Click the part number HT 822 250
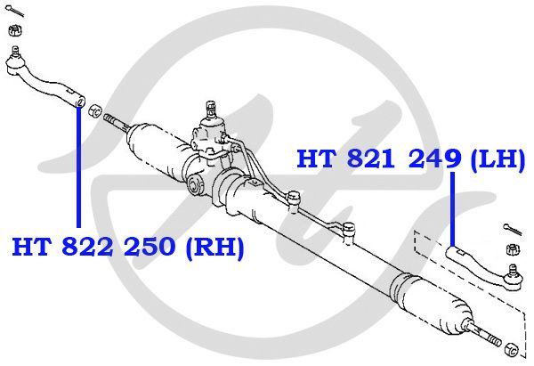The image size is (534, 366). (93, 246)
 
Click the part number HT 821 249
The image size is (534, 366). (379, 159)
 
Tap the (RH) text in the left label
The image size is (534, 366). (215, 247)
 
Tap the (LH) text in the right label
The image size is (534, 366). (498, 159)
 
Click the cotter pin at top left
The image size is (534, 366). (14, 12)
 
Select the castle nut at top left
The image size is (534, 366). (15, 30)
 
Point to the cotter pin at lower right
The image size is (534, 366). (513, 229)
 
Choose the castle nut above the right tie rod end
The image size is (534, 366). (514, 249)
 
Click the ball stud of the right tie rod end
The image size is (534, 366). (513, 270)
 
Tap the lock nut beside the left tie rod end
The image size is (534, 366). (95, 111)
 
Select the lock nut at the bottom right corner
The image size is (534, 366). (510, 350)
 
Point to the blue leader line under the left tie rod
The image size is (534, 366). (78, 167)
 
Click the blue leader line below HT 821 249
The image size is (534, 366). (453, 209)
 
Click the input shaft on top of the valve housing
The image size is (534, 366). (211, 109)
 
